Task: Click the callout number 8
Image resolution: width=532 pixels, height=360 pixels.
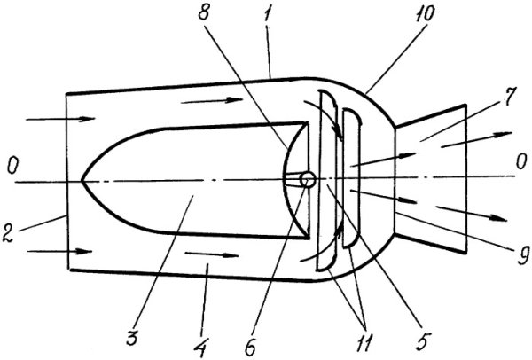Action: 204,12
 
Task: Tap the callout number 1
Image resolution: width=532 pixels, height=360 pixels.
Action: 267,14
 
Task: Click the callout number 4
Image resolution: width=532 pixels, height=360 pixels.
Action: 202,346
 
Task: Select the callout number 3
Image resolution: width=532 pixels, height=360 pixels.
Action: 133,336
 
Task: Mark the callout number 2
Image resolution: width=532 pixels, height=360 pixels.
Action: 8,232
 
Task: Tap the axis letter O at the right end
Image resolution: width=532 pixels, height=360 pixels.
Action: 520,163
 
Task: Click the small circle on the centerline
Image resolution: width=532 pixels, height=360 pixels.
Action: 308,179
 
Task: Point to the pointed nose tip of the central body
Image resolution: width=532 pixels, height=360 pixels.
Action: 82,181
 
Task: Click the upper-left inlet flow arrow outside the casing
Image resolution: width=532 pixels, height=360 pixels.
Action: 60,119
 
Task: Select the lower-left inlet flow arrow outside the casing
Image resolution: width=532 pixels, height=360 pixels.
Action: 59,252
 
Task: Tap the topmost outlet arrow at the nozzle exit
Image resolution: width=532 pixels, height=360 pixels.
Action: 476,139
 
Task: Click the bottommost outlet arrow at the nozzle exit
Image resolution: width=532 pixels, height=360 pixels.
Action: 472,214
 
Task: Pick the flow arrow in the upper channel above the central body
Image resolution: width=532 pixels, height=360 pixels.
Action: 212,101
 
